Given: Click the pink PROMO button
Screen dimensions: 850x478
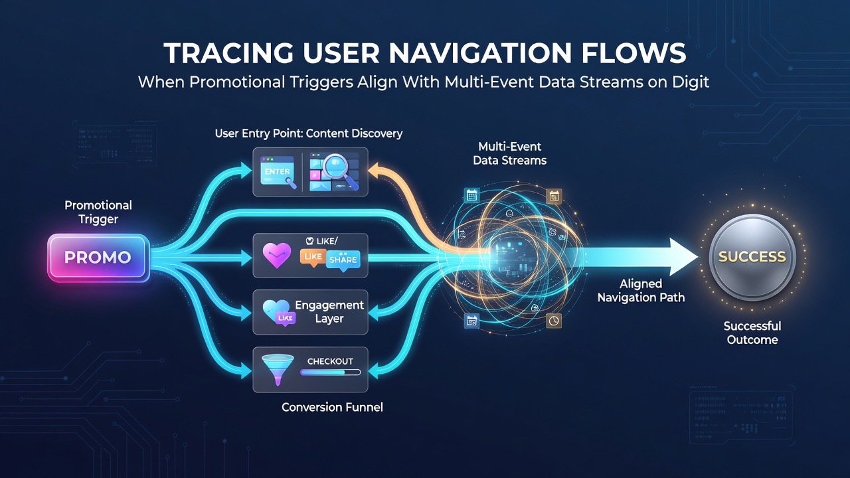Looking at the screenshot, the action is (98, 258).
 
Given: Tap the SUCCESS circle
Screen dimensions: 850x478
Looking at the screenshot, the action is (752, 257).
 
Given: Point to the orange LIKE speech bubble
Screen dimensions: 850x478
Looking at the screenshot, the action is (313, 257).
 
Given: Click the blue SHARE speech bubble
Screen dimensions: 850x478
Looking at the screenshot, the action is (343, 260).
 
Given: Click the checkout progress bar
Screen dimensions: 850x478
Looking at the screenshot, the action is (330, 372).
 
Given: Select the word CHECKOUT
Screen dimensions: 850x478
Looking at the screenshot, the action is (330, 361).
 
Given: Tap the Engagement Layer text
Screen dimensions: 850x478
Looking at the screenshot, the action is (329, 312).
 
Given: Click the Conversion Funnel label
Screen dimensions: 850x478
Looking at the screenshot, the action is (332, 408).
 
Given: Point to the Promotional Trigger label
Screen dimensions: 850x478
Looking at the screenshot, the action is (98, 212).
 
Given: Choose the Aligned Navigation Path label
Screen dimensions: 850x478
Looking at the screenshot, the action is (641, 291).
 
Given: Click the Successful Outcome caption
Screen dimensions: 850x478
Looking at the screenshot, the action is (752, 333).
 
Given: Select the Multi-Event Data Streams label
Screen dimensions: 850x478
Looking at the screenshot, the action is (509, 153).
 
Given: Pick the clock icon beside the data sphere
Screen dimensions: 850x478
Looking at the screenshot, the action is (554, 321).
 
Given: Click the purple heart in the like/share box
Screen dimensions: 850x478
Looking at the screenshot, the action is (277, 256).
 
